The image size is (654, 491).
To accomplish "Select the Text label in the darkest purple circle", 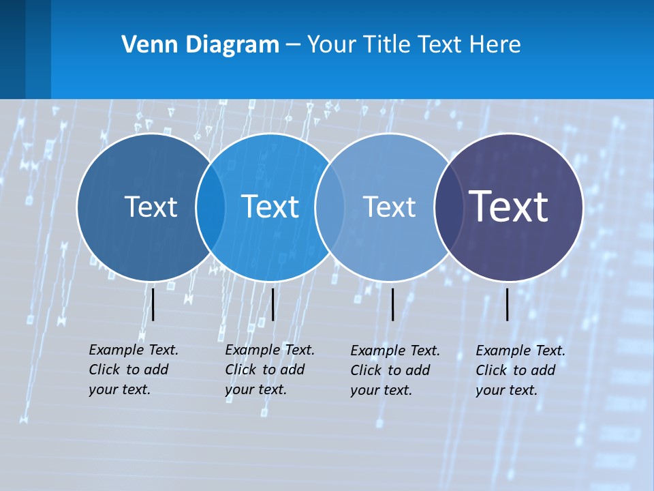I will [509, 206].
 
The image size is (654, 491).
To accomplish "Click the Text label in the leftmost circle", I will [151, 206].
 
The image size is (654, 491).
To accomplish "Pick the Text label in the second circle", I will [270, 206].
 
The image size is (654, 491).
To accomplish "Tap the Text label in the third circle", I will [389, 206].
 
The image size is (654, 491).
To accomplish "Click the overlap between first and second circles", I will [211, 207].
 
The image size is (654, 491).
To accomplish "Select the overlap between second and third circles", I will [328, 207].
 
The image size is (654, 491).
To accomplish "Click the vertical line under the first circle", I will [153, 304].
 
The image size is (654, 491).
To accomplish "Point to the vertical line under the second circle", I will [272, 304].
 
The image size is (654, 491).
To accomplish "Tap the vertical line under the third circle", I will [392, 304].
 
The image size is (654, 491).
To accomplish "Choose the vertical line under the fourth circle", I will [507, 304].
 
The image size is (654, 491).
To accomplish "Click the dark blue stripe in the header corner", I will [13, 49].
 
